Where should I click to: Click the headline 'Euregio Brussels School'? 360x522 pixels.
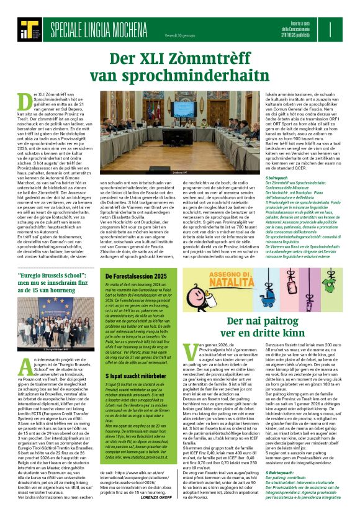coord(46,275)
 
